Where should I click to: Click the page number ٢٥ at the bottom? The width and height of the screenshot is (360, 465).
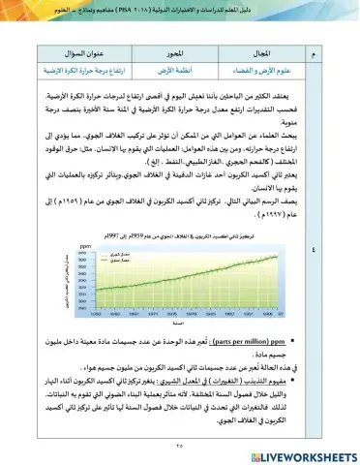180,433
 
